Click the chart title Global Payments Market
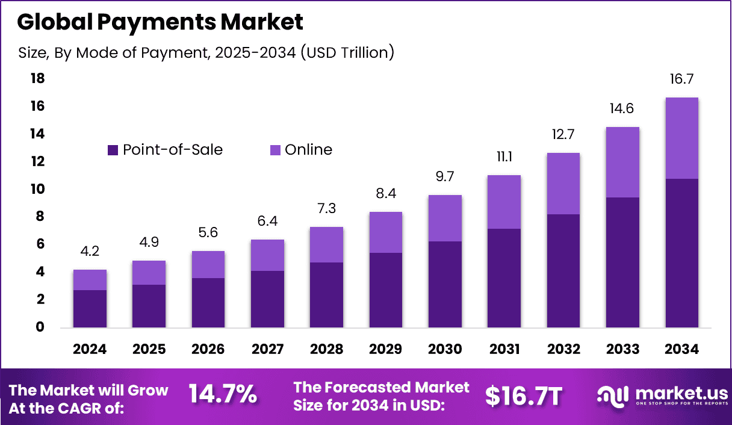(x=160, y=22)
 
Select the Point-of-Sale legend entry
(x=165, y=150)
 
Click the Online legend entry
(x=300, y=150)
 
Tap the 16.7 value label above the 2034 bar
(x=681, y=79)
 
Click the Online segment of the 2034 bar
(x=681, y=138)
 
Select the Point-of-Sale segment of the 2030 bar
(x=445, y=284)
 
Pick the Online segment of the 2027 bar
(x=267, y=255)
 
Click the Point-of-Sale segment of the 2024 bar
(x=90, y=309)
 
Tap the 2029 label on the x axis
(x=386, y=350)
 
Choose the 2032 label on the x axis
(x=563, y=350)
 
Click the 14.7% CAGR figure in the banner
(x=223, y=395)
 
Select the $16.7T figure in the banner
(x=524, y=396)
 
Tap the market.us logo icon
(x=613, y=396)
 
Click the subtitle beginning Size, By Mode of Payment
(x=206, y=53)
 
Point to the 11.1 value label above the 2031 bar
(x=504, y=157)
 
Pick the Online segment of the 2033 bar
(x=622, y=162)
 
